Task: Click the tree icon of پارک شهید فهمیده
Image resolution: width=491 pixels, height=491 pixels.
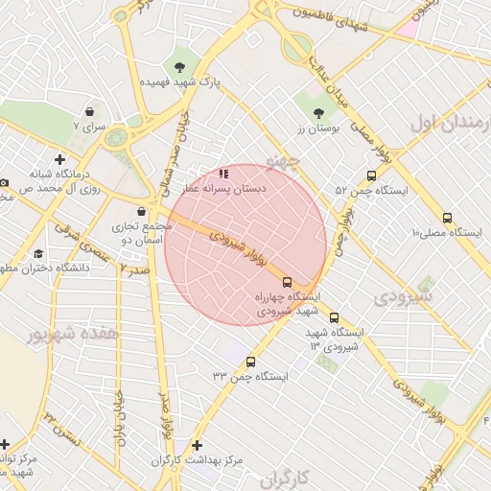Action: tap(179, 66)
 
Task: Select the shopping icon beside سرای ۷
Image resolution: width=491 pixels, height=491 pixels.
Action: tap(89, 111)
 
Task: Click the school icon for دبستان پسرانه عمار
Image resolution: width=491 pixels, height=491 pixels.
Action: tap(223, 175)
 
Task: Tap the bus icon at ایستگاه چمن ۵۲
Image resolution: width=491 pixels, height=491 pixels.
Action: tap(371, 175)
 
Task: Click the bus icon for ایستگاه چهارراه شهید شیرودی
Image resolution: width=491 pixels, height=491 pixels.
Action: tap(287, 282)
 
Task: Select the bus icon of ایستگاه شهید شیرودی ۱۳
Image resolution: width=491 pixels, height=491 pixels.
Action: tap(334, 317)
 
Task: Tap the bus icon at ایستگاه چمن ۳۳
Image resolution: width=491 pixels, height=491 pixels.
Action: tap(251, 362)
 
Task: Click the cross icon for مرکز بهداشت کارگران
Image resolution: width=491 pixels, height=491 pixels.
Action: tap(198, 445)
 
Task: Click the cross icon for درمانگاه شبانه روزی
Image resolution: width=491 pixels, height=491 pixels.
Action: tap(60, 159)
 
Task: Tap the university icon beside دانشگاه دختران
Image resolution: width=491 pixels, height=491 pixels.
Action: tap(38, 253)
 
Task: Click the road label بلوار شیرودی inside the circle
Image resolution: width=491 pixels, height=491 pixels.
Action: tap(230, 239)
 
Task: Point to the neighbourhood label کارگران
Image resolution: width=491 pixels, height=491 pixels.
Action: tap(287, 477)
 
